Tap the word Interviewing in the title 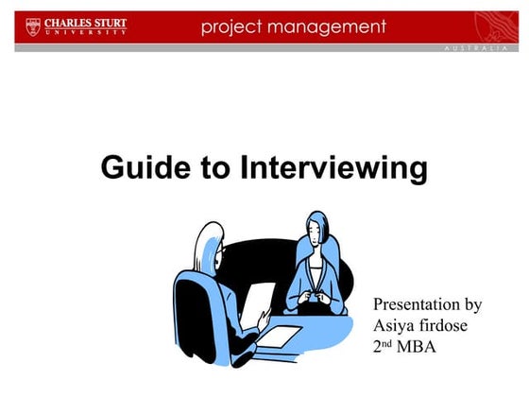click(x=333, y=169)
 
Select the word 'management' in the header click(x=330, y=26)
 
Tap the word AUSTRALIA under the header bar click(x=478, y=47)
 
